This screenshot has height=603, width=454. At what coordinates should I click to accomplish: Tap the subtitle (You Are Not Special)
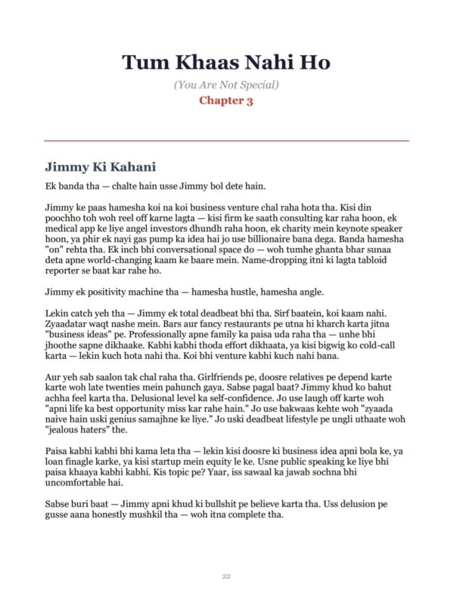226,84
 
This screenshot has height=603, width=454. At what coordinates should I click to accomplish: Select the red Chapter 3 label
226,100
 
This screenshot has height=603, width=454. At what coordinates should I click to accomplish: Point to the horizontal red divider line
226,141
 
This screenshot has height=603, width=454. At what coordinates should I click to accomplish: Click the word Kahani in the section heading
129,165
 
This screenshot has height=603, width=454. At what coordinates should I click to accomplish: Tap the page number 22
226,576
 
